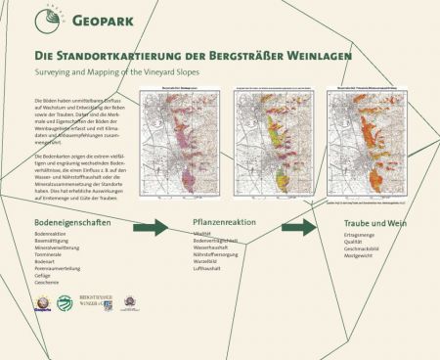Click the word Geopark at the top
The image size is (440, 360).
[101, 20]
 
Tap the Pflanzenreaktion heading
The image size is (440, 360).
[230, 224]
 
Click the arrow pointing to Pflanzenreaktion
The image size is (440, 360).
[150, 227]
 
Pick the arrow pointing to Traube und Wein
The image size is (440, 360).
[298, 227]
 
